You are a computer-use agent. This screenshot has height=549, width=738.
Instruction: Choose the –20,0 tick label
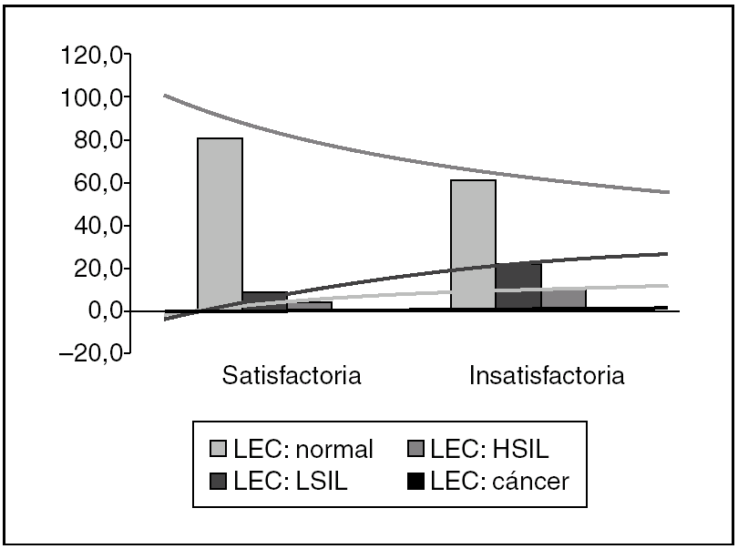point(87,354)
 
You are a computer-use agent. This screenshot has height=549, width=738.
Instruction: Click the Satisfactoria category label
point(292,376)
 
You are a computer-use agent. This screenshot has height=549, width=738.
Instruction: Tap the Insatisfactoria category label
point(547,376)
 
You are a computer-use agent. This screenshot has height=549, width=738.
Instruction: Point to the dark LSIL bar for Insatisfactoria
point(518,286)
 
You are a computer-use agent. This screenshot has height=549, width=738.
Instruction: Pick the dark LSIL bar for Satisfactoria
point(264,301)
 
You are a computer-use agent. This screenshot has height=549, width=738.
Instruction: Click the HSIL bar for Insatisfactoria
point(563,300)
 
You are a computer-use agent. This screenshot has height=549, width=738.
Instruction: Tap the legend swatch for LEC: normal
point(219,449)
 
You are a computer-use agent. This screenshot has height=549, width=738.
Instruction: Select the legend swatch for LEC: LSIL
point(219,481)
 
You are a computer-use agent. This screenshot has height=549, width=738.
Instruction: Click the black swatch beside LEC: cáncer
point(415,481)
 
